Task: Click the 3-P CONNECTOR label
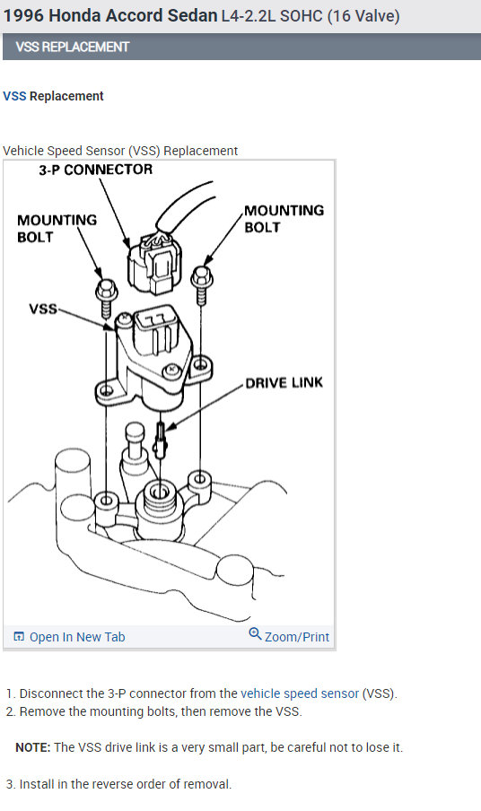[96, 170]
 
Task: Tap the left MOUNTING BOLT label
[57, 229]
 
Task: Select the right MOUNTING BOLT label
[284, 219]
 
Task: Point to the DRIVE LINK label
[284, 383]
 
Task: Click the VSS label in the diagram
[43, 310]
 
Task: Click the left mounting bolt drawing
[106, 299]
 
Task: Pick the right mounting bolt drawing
[202, 284]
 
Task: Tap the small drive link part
[161, 440]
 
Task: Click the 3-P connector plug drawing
[154, 265]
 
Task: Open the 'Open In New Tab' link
[77, 637]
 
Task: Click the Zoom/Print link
[297, 637]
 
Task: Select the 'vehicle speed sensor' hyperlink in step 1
[300, 693]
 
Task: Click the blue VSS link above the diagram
[14, 96]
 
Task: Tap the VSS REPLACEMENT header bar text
[72, 47]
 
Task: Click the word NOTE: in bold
[33, 748]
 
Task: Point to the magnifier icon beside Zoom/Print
[255, 634]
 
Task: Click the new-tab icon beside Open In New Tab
[19, 637]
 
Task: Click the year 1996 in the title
[24, 15]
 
